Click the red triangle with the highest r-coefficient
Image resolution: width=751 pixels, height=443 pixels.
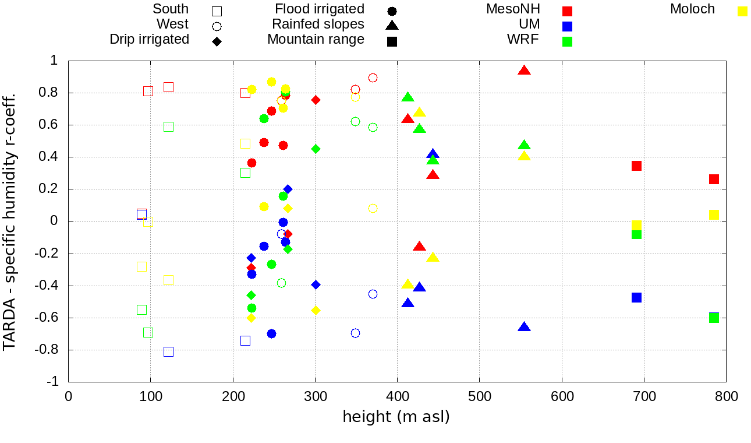tap(524, 71)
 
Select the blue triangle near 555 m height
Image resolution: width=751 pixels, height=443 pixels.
tap(524, 327)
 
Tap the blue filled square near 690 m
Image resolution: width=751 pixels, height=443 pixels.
tap(636, 297)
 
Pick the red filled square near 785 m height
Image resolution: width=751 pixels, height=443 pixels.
tap(714, 179)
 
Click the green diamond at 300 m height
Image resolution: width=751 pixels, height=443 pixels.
tap(316, 149)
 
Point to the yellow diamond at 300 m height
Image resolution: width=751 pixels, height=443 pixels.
tap(316, 310)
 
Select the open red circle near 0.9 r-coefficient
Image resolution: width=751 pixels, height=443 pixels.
tap(373, 78)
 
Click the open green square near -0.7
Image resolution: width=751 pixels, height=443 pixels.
tap(148, 332)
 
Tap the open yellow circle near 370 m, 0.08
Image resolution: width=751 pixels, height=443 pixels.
tap(373, 208)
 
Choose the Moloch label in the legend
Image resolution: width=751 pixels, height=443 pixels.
tap(692, 9)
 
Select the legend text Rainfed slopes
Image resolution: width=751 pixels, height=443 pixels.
tap(318, 24)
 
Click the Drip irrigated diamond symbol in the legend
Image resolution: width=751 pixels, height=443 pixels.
tap(217, 41)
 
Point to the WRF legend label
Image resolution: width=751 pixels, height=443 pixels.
tap(523, 40)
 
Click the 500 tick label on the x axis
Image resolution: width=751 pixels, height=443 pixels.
tap(479, 396)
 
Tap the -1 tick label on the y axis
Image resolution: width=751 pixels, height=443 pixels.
tap(53, 382)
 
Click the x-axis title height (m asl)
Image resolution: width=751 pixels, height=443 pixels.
tap(396, 417)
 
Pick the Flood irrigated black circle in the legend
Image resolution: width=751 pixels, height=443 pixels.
tap(392, 11)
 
